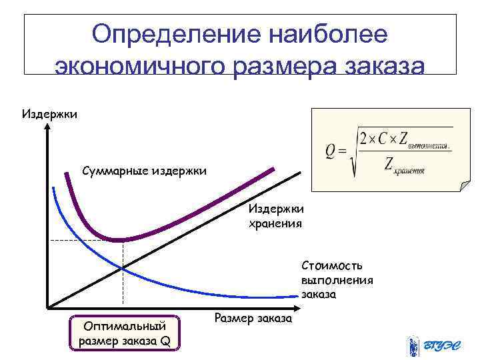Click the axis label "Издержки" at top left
[49, 114]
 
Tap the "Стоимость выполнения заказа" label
[336, 279]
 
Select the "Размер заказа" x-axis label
[253, 318]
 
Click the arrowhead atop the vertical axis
[48, 129]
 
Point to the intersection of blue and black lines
[123, 267]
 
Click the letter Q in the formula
[331, 153]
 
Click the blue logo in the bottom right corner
[431, 345]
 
